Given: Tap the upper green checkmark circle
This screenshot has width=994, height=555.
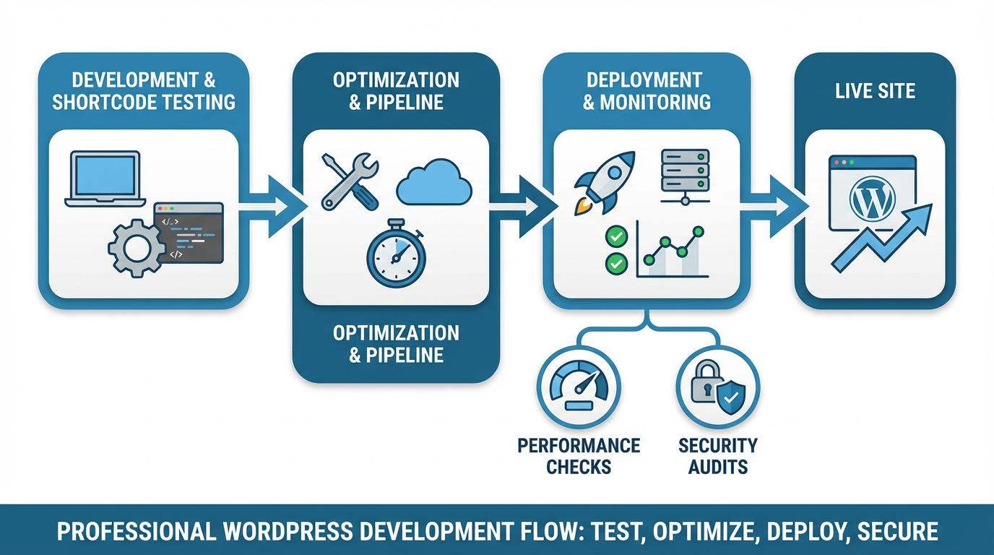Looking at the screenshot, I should [616, 236].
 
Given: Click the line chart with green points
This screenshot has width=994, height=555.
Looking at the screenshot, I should [672, 253].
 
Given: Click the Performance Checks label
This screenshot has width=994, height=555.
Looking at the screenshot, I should [579, 455].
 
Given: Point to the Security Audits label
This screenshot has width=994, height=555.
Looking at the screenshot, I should [717, 455].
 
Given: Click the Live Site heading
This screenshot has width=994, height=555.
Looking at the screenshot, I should [875, 91].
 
